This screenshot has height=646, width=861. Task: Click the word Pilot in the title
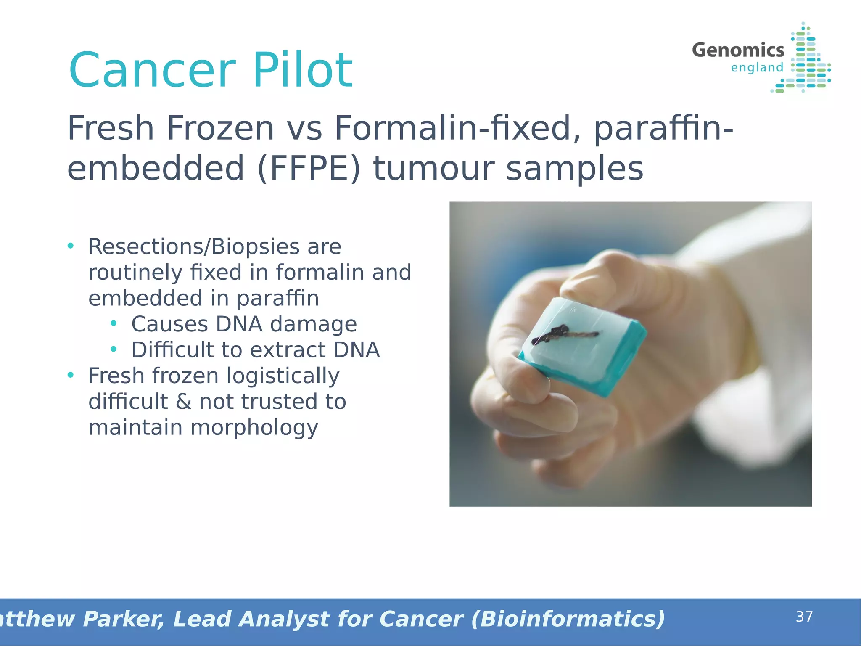(x=303, y=70)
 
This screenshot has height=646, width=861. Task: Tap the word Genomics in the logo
(x=738, y=50)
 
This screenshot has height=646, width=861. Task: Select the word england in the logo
(x=757, y=68)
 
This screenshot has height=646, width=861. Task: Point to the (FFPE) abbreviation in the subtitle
(x=309, y=169)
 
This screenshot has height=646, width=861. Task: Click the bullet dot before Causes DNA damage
(x=113, y=323)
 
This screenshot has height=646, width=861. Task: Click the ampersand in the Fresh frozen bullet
(x=183, y=402)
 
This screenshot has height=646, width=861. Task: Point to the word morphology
(x=254, y=428)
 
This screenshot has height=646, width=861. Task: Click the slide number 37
(x=804, y=617)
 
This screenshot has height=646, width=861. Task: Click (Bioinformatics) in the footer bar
(x=568, y=619)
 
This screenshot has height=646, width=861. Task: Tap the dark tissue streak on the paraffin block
(x=563, y=334)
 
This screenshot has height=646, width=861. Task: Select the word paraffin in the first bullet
(x=277, y=299)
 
